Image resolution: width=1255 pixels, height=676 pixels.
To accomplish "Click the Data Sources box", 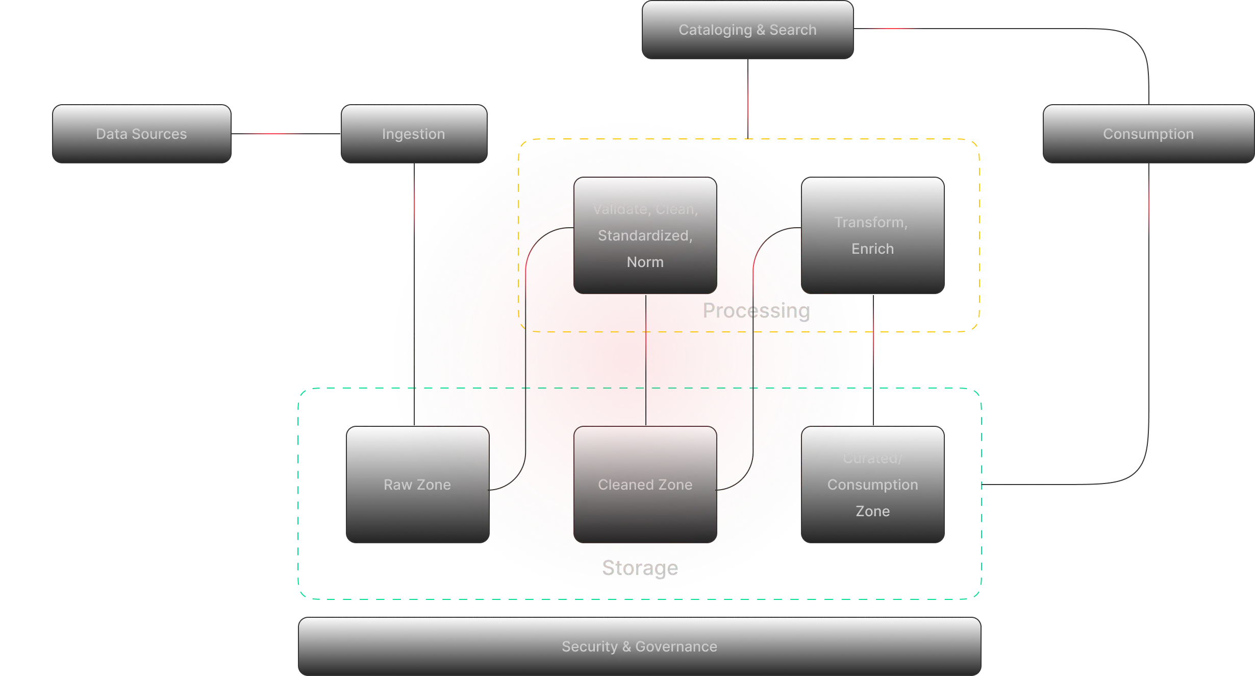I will pos(141,134).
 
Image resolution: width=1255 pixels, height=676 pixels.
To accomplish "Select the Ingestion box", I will pos(414,134).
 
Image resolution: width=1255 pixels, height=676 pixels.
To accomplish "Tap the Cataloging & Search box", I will pos(747,30).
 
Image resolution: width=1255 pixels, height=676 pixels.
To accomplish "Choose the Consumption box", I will pos(1148,134).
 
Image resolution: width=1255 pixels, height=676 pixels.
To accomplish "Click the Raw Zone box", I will pos(417,485).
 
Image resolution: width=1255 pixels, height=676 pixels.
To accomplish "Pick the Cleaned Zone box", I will pos(645,485).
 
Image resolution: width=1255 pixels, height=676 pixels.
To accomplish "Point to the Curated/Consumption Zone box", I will pos(872,485).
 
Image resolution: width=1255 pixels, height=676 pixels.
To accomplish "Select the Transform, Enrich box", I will pos(872,235).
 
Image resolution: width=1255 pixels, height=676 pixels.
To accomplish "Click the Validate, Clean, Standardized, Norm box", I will pos(645,235).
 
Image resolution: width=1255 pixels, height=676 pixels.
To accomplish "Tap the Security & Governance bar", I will pos(640,646).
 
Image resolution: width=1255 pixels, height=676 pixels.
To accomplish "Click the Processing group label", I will pos(756,311).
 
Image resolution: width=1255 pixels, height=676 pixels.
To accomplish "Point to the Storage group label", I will pos(640,568).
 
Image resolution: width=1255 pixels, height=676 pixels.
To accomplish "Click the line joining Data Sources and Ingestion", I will pos(286,133).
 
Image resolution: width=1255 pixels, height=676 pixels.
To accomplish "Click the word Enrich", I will pos(872,249).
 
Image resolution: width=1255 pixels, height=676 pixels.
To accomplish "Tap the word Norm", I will pos(645,262).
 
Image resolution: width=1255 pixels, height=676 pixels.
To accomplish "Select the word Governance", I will pos(676,646).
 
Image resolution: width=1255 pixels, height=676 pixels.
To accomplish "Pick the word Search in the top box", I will pos(793,30).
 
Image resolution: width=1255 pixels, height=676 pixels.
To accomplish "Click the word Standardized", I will pos(645,235).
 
